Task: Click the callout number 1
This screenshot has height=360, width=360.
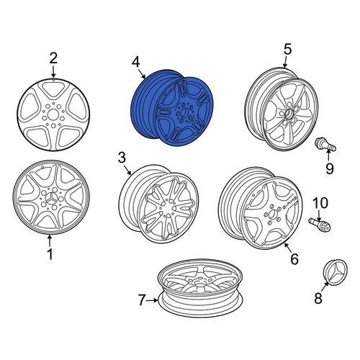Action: pyautogui.click(x=50, y=254)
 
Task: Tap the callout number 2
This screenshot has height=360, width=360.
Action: pyautogui.click(x=53, y=58)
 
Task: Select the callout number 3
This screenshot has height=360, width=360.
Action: pyautogui.click(x=122, y=158)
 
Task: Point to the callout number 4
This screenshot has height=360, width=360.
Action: pyautogui.click(x=135, y=62)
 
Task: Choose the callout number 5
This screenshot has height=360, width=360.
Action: pyautogui.click(x=287, y=49)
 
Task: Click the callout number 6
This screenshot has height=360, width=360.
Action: pyautogui.click(x=294, y=259)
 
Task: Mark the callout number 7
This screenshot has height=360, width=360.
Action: pyautogui.click(x=142, y=300)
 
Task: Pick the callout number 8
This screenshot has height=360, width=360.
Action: pyautogui.click(x=318, y=299)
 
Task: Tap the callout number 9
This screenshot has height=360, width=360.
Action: pyautogui.click(x=330, y=168)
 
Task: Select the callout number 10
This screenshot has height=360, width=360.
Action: pyautogui.click(x=320, y=203)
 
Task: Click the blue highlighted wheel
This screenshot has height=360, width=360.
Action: pyautogui.click(x=172, y=108)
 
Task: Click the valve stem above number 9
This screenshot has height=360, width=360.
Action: pyautogui.click(x=325, y=145)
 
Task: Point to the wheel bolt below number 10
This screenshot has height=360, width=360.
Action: pyautogui.click(x=320, y=225)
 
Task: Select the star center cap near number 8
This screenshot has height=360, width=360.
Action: pyautogui.click(x=336, y=271)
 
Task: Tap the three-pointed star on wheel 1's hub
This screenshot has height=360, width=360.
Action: pyautogui.click(x=51, y=199)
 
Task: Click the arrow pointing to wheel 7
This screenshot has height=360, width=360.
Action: pyautogui.click(x=152, y=300)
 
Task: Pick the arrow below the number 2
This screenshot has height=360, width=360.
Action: pyautogui.click(x=53, y=71)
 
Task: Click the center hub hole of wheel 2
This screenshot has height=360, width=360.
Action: pyautogui.click(x=53, y=114)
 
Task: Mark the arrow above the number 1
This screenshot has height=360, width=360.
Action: pyautogui.click(x=50, y=240)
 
